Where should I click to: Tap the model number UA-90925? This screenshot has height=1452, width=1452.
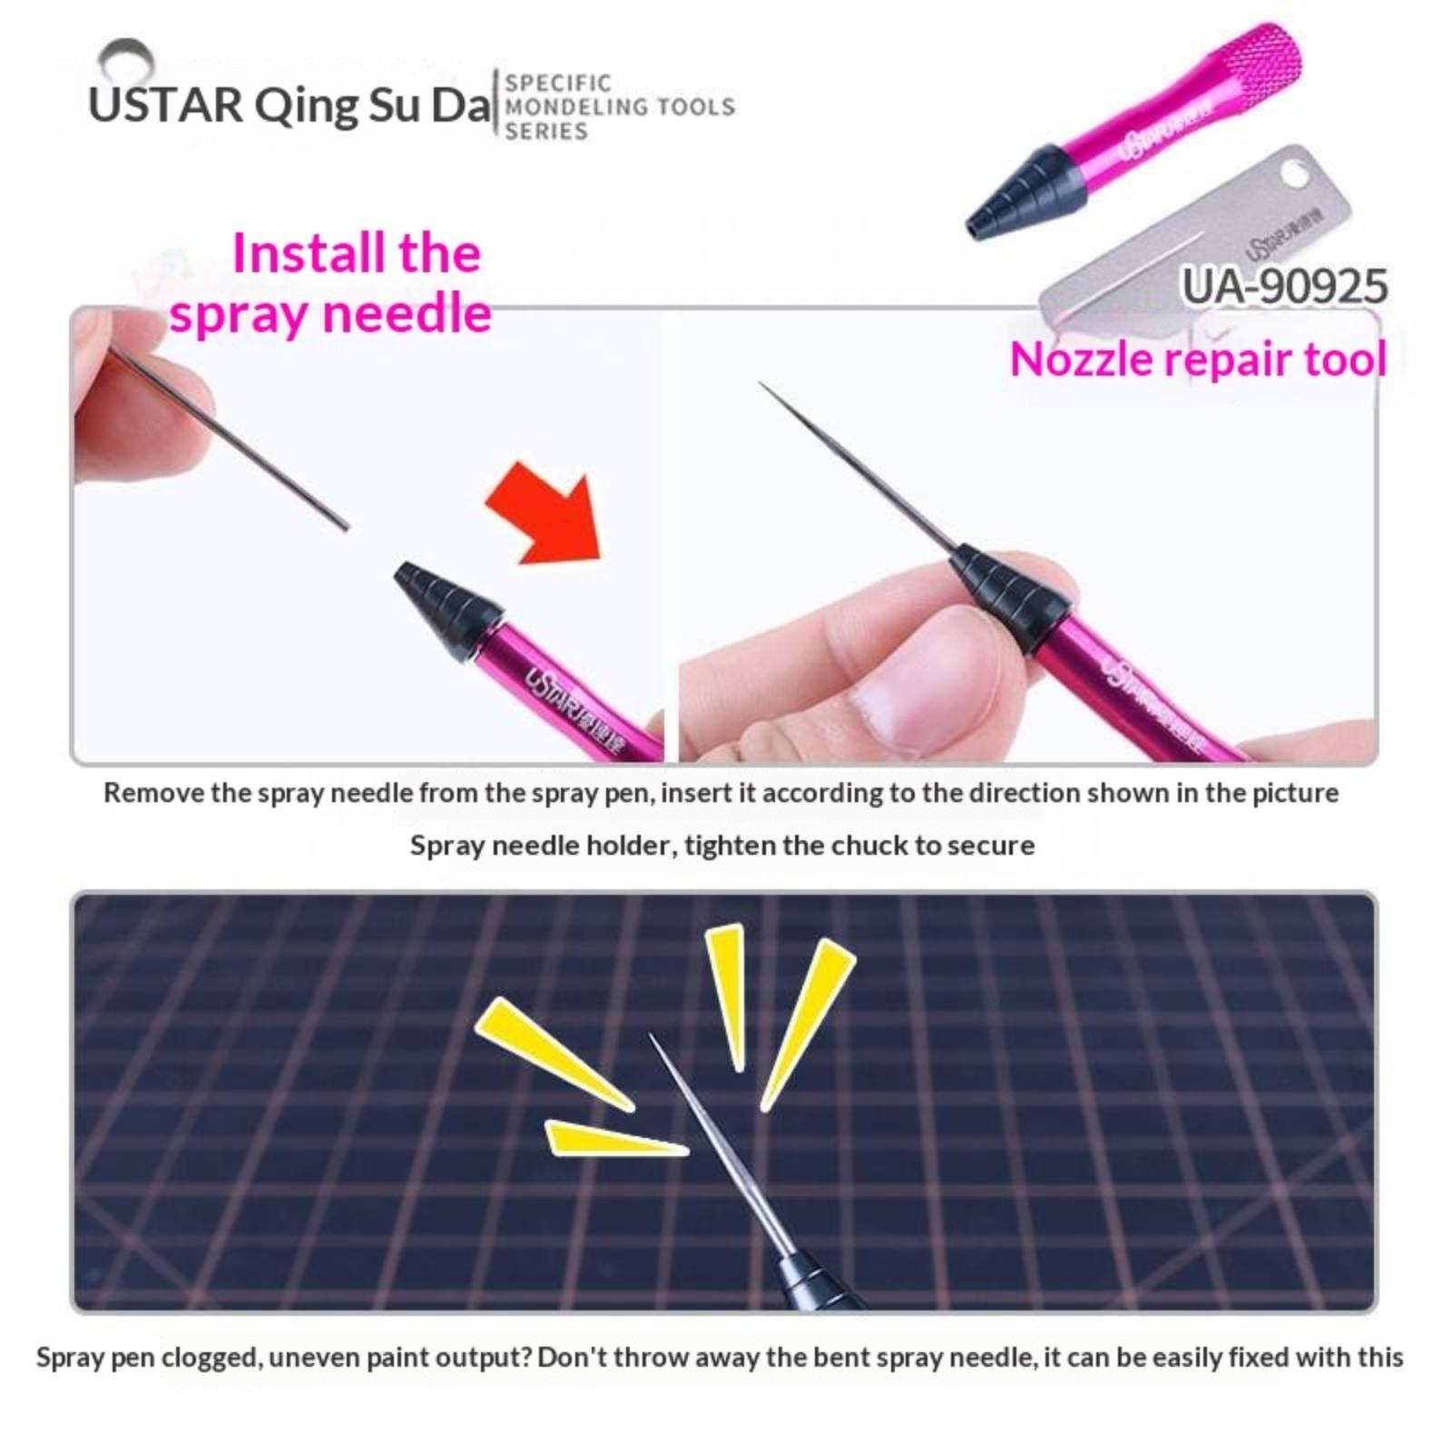pos(1284,287)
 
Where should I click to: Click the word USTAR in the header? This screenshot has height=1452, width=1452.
pos(166,105)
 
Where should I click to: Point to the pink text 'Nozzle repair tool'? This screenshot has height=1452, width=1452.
pos(1198,359)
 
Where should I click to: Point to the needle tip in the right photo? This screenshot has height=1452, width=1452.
pos(760,385)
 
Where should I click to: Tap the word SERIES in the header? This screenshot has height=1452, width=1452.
pos(546,132)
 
